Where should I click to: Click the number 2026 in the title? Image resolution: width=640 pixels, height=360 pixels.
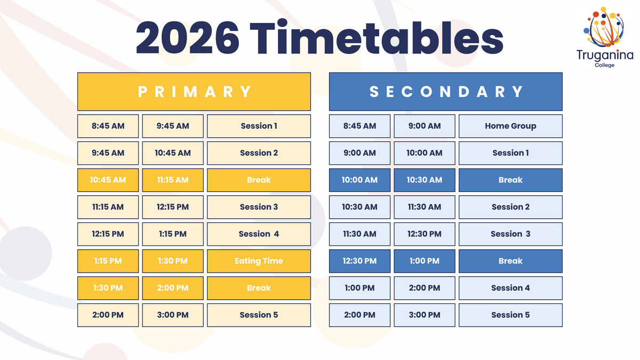pyautogui.click(x=187, y=38)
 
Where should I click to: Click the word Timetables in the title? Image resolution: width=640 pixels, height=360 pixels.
pyautogui.click(x=377, y=37)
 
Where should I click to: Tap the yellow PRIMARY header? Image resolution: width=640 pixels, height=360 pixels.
pyautogui.click(x=194, y=92)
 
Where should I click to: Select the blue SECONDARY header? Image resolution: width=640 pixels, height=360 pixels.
pyautogui.click(x=446, y=92)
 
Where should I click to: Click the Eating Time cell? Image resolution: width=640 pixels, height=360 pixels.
pyautogui.click(x=259, y=261)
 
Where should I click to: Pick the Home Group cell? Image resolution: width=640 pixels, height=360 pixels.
pyautogui.click(x=510, y=126)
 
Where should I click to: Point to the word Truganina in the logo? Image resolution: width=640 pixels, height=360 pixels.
pyautogui.click(x=605, y=55)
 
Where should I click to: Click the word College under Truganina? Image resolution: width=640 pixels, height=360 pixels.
pyautogui.click(x=605, y=65)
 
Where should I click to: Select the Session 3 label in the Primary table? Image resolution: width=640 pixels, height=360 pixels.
pyautogui.click(x=259, y=207)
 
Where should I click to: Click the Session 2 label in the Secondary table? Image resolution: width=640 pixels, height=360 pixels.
pyautogui.click(x=510, y=207)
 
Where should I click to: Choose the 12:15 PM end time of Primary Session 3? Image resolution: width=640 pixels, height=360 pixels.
pyautogui.click(x=173, y=207)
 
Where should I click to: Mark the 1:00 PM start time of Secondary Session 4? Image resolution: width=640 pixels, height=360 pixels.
pyautogui.click(x=359, y=288)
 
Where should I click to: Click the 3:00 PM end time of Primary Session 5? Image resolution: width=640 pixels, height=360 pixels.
pyautogui.click(x=173, y=315)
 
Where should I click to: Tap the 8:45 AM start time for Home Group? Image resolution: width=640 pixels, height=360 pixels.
pyautogui.click(x=359, y=126)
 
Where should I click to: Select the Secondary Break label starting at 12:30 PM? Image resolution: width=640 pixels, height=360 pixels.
pyautogui.click(x=510, y=261)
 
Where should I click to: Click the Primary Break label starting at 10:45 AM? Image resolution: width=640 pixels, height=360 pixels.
pyautogui.click(x=259, y=180)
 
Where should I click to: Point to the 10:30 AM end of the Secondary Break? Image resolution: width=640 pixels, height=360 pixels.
pyautogui.click(x=425, y=180)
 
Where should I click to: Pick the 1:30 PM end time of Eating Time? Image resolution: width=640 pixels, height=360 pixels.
pyautogui.click(x=173, y=261)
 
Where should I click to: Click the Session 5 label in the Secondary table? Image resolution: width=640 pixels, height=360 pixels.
pyautogui.click(x=510, y=315)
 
